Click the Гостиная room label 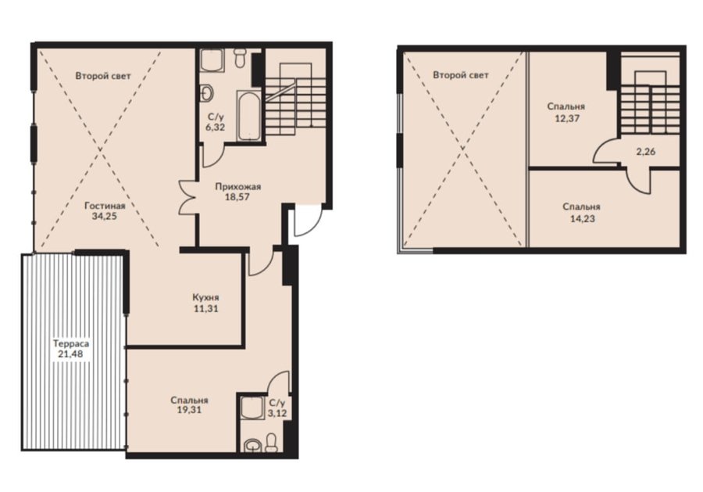coord(105,206)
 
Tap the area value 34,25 coord(105,217)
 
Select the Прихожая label coord(237,186)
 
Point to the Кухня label coord(205,297)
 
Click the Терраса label coord(71,344)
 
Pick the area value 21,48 coord(70,354)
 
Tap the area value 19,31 coord(189,410)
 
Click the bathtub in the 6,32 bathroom coord(248,115)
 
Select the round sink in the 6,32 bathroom coord(207,93)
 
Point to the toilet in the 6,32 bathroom coord(240,57)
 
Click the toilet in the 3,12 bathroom coord(271,443)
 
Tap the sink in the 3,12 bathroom coord(252,445)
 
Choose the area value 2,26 coord(646,152)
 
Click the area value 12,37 coord(566,119)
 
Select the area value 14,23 coord(582,219)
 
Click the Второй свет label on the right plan coord(460,75)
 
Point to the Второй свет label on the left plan coord(103,76)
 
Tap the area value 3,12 coord(277,412)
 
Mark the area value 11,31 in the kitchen coord(205,309)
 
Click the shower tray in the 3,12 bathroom coord(252,408)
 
